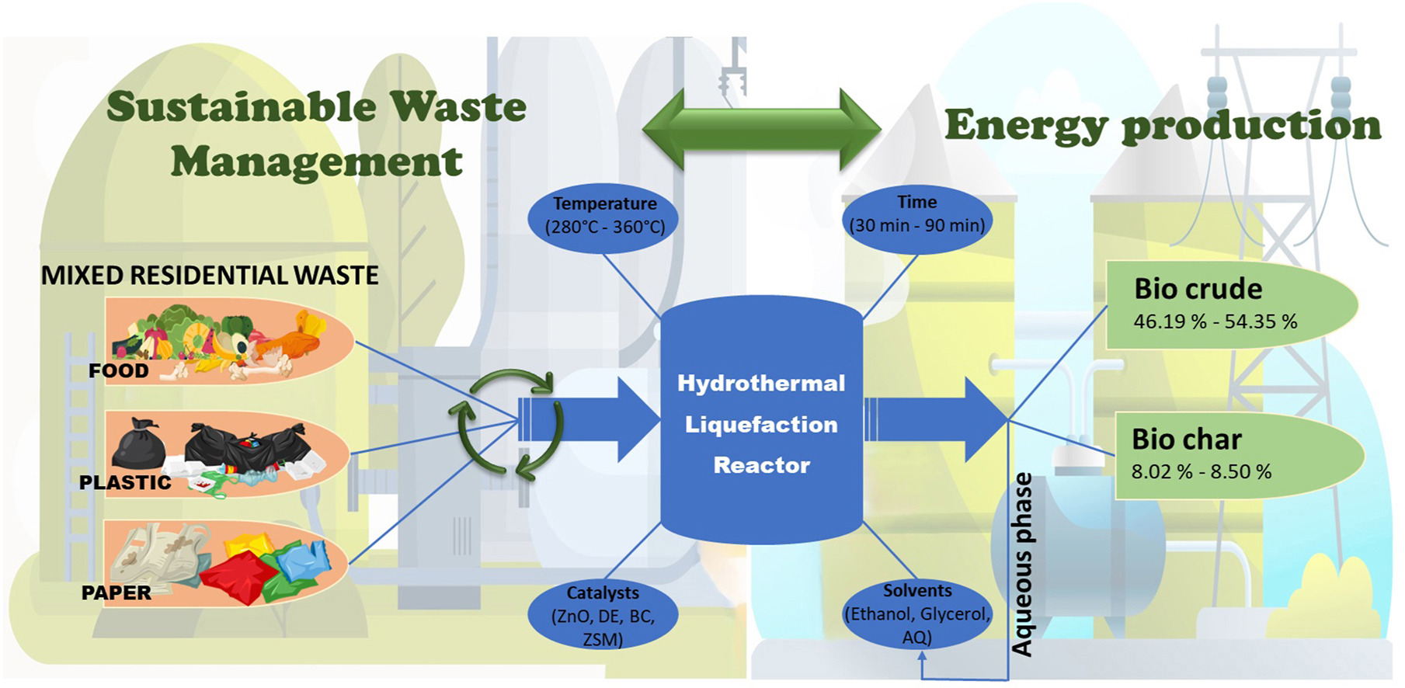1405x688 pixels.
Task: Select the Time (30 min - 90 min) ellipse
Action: point(916,214)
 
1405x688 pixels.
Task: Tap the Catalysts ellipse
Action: point(603,616)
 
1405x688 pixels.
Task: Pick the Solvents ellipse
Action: point(916,613)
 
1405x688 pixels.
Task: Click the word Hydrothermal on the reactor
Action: point(761,384)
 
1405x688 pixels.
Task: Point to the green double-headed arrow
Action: point(762,129)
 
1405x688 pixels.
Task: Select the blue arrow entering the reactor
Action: point(590,419)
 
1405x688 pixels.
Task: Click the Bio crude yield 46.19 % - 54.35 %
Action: point(1215,321)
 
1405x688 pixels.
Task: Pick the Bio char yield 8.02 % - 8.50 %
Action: point(1201,471)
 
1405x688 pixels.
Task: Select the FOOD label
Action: point(118,370)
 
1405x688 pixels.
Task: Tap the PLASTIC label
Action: point(125,482)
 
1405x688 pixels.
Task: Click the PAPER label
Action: point(117,592)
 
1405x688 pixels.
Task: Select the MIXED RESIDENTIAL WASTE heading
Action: point(210,276)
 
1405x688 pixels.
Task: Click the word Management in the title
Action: point(316,162)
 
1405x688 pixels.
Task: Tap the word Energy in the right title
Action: point(1025,126)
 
